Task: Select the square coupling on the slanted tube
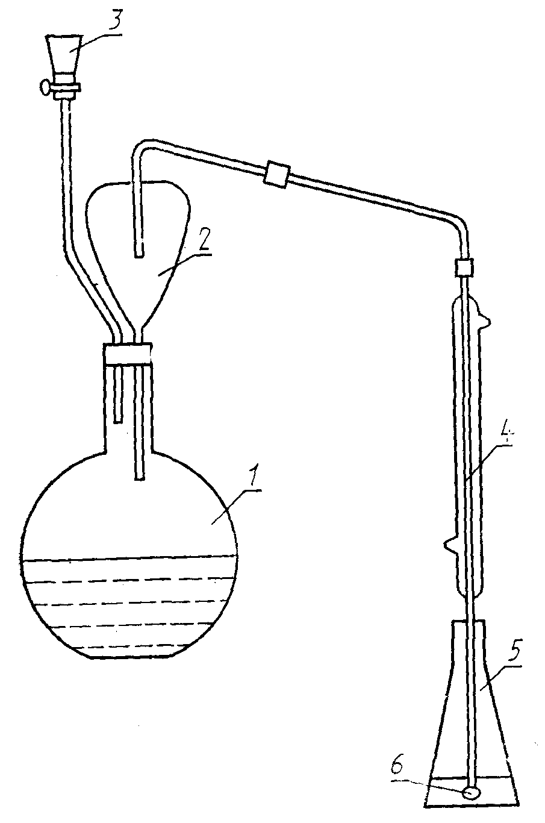[x=277, y=174]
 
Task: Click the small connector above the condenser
[x=464, y=267]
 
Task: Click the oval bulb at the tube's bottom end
[x=472, y=793]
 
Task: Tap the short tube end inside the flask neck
[x=119, y=420]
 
